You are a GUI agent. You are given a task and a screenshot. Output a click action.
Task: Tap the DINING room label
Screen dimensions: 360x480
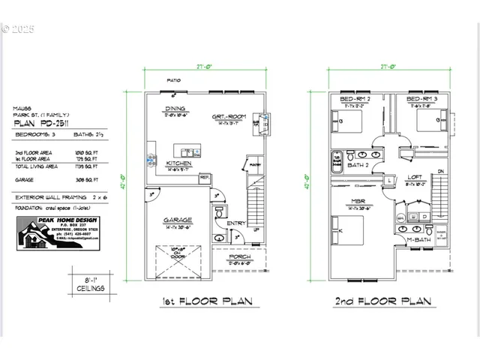(175, 109)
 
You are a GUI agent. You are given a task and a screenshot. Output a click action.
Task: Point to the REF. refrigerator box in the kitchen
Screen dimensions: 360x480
(204, 177)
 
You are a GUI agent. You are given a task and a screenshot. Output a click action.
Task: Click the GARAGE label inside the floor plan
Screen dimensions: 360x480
(178, 220)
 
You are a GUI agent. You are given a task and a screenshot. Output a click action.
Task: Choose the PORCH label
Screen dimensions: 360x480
(240, 256)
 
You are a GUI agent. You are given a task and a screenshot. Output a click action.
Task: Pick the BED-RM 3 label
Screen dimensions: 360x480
(422, 100)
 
